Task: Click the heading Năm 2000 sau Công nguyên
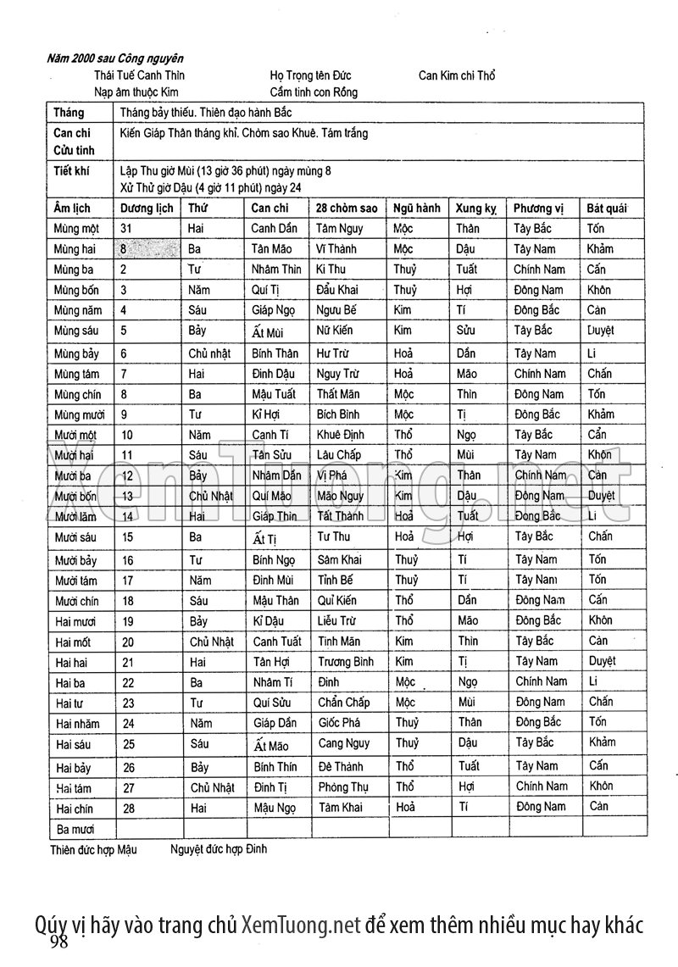tap(116, 58)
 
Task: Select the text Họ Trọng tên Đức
tap(311, 75)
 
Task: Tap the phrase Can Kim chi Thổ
tap(457, 75)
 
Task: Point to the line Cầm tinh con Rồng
tap(314, 92)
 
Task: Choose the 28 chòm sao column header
tap(347, 208)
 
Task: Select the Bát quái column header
tap(607, 208)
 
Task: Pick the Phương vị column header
tap(538, 208)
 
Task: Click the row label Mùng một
tap(76, 229)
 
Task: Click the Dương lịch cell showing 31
tap(126, 229)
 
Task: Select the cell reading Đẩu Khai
tap(337, 290)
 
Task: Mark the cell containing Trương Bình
tap(346, 662)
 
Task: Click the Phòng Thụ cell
tap(343, 787)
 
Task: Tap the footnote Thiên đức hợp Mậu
tap(93, 849)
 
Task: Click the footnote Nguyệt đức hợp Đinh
tap(218, 849)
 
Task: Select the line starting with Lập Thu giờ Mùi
tap(225, 170)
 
